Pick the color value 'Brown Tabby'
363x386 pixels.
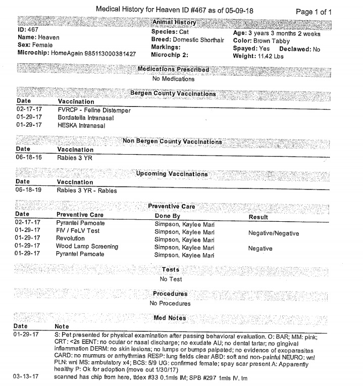[x=273, y=40]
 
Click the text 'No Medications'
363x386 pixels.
[x=173, y=79]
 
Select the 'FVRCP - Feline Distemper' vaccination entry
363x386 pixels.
[x=94, y=110]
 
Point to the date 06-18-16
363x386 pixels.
[x=28, y=158]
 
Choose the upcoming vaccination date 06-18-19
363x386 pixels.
[x=28, y=190]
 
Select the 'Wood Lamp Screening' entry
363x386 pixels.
[x=87, y=247]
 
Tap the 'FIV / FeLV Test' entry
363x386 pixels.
[x=78, y=231]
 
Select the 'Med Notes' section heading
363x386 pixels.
[x=170, y=318]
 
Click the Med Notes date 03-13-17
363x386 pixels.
[x=28, y=378]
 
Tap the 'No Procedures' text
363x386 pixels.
[x=170, y=304]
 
